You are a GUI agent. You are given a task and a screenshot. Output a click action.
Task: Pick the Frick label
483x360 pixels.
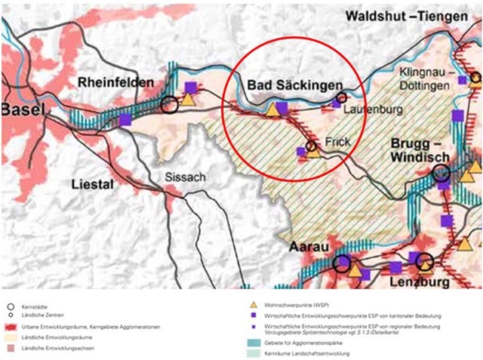pyautogui.click(x=340, y=141)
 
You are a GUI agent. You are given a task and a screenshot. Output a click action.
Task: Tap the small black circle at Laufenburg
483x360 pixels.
pyautogui.click(x=342, y=97)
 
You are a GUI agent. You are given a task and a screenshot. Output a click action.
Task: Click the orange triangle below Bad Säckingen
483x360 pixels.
pyautogui.click(x=272, y=110)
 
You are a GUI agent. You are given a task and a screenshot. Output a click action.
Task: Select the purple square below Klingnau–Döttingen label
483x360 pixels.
pyautogui.click(x=463, y=80)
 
